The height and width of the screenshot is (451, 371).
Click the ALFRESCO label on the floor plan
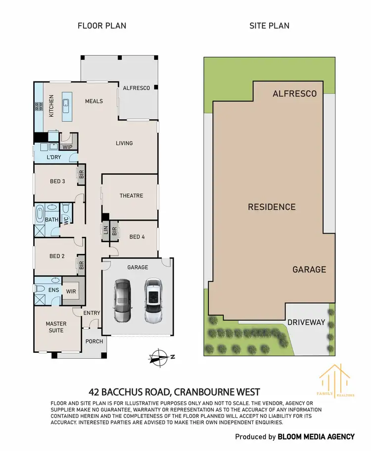pyautogui.click(x=137, y=87)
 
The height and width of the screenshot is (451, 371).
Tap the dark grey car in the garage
pyautogui.click(x=122, y=301)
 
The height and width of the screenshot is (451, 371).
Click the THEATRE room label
pyautogui.click(x=131, y=196)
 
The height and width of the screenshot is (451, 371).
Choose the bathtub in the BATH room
pyautogui.click(x=40, y=215)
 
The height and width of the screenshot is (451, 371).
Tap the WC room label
pyautogui.click(x=65, y=220)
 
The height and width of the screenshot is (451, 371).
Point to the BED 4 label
pyautogui.click(x=137, y=237)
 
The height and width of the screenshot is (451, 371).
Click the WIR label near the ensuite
pyautogui.click(x=71, y=291)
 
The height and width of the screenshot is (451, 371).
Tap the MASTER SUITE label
pyautogui.click(x=56, y=327)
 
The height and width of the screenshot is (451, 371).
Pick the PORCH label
pyautogui.click(x=94, y=341)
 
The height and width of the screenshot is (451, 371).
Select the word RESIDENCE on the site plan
pyautogui.click(x=272, y=207)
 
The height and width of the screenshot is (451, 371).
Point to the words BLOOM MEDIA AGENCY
pyautogui.click(x=316, y=436)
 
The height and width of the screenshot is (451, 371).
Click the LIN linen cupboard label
pyautogui.click(x=105, y=230)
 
